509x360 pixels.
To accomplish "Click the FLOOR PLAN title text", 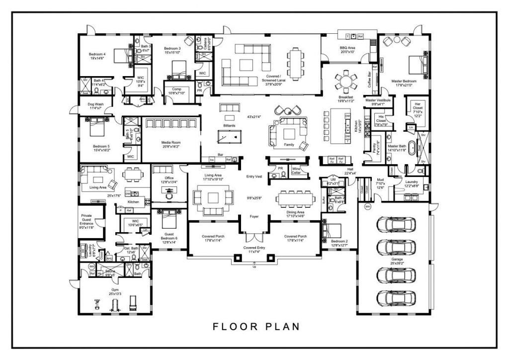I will pos(256,327).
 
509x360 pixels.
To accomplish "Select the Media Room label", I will pos(170,144).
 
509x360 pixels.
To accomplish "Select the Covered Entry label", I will pos(254,249).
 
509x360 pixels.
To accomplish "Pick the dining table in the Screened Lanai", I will pos(296,64).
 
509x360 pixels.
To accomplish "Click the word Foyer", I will pos(254,217).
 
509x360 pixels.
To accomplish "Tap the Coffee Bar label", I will pos(369,79).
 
